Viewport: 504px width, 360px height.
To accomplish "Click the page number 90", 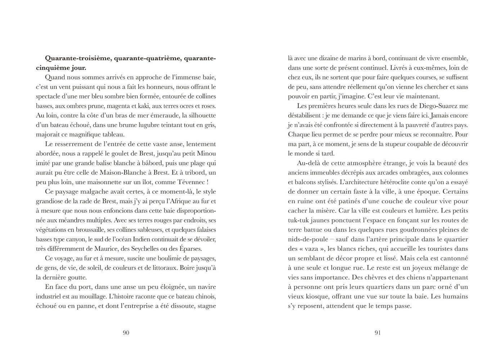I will tap(126, 333).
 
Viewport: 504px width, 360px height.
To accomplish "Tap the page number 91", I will tap(378, 333).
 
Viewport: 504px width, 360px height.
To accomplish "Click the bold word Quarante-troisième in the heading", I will tap(78, 58).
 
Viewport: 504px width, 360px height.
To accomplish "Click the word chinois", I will tap(205, 296).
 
